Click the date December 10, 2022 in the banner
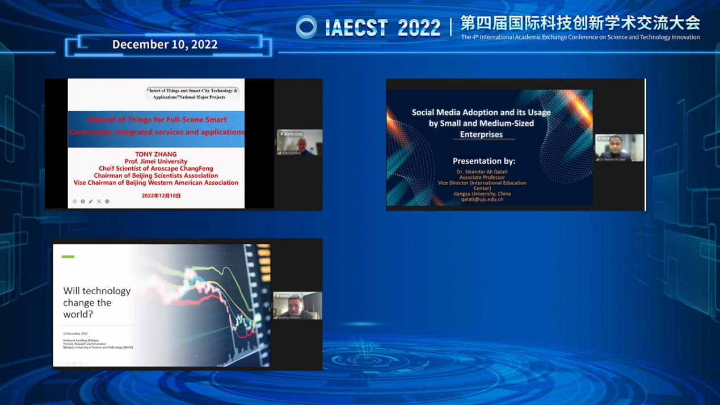pos(165,44)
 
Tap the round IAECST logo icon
pos(306,27)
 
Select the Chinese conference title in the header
pos(580,23)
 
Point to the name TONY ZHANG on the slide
pos(156,154)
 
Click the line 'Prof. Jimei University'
pos(156,161)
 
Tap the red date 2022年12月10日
pos(161,195)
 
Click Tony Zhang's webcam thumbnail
pos(299,142)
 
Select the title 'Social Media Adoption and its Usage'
pos(481,112)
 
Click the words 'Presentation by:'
pos(484,161)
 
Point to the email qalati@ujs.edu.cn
pos(482,199)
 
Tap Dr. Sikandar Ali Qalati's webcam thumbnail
pos(619,148)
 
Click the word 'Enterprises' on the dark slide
pos(481,135)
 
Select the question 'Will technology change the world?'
pos(96,302)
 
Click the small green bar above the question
pos(68,257)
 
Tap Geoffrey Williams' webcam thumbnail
pos(297,306)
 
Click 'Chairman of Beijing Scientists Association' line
pos(156,176)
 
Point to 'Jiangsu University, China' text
pos(482,194)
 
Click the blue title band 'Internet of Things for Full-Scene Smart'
pos(157,120)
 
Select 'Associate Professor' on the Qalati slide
pos(482,177)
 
